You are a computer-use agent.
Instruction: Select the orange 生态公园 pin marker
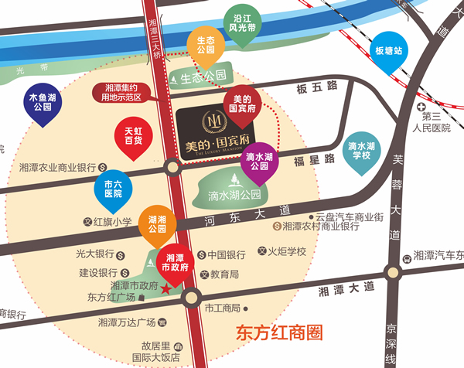click(205, 46)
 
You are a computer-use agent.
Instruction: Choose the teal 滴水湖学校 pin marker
click(360, 150)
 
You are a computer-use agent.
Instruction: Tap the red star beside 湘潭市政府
click(167, 289)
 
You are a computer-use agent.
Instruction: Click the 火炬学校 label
click(287, 251)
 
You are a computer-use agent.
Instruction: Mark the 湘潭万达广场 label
click(126, 322)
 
